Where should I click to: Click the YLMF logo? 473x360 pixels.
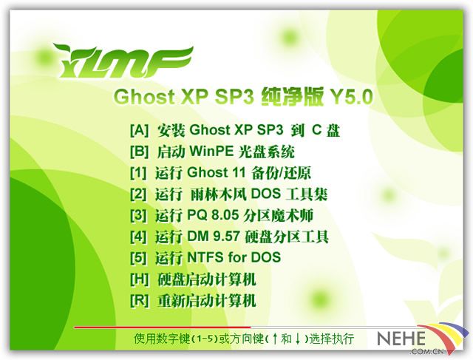click(123, 61)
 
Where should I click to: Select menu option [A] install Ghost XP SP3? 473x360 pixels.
click(235, 130)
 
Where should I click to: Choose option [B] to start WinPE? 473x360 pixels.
click(212, 152)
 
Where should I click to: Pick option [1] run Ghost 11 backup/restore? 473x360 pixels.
click(220, 172)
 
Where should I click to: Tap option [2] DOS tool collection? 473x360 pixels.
click(228, 194)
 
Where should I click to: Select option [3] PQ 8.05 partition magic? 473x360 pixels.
click(222, 215)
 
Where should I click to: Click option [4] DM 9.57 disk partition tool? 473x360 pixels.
click(229, 237)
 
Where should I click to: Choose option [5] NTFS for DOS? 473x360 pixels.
click(205, 257)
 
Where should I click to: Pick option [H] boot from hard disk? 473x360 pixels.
click(193, 279)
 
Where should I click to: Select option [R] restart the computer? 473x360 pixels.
click(193, 300)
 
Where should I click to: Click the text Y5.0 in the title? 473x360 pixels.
click(352, 97)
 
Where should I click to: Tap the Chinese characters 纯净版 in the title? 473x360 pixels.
click(293, 96)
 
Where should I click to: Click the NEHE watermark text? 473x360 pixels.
click(401, 339)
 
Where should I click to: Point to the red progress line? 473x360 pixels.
click(163, 327)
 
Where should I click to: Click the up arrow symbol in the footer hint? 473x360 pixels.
click(274, 339)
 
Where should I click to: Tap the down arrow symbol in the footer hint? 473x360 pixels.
click(298, 339)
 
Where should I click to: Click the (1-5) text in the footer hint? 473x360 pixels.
click(205, 339)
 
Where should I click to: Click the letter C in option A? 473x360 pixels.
click(317, 130)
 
